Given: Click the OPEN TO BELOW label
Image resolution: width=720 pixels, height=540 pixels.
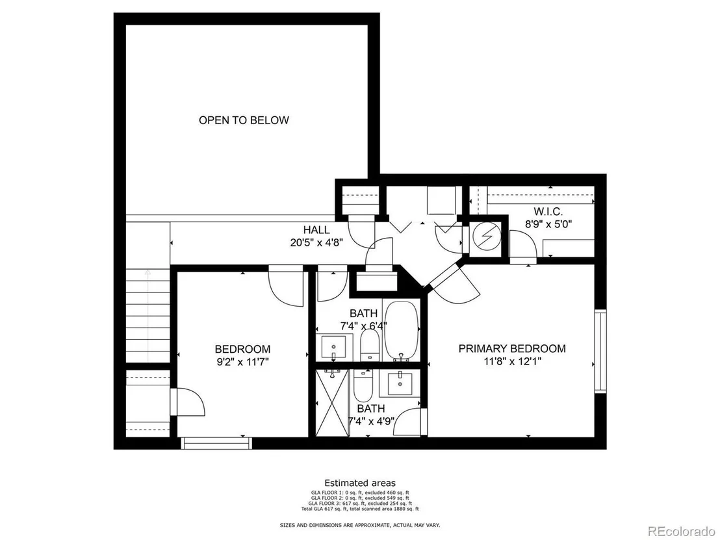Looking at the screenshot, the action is pyautogui.click(x=244, y=120).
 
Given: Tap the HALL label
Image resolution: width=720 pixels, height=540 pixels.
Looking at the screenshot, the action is pyautogui.click(x=316, y=229).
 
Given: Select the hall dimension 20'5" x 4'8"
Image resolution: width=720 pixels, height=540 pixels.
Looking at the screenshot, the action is pyautogui.click(x=316, y=242).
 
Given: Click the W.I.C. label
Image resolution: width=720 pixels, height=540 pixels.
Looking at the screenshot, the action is pyautogui.click(x=548, y=212).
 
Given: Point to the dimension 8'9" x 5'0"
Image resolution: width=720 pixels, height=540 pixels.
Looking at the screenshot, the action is pyautogui.click(x=548, y=224).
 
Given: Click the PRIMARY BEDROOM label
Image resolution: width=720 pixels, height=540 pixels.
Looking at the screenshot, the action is pyautogui.click(x=512, y=348).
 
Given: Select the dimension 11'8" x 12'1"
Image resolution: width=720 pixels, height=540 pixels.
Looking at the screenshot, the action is pyautogui.click(x=513, y=361).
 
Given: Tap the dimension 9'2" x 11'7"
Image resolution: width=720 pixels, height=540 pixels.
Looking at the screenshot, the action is pyautogui.click(x=242, y=361).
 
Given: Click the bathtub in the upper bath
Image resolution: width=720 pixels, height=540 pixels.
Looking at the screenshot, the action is pyautogui.click(x=402, y=330).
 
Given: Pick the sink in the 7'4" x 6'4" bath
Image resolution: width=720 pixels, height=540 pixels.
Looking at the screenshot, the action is pyautogui.click(x=334, y=348).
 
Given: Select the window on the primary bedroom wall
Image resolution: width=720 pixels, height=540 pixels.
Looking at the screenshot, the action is pyautogui.click(x=600, y=352).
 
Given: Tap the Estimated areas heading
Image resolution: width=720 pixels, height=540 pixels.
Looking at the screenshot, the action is pyautogui.click(x=360, y=483).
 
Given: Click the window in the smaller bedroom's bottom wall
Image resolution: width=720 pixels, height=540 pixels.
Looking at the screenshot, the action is pyautogui.click(x=216, y=443).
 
